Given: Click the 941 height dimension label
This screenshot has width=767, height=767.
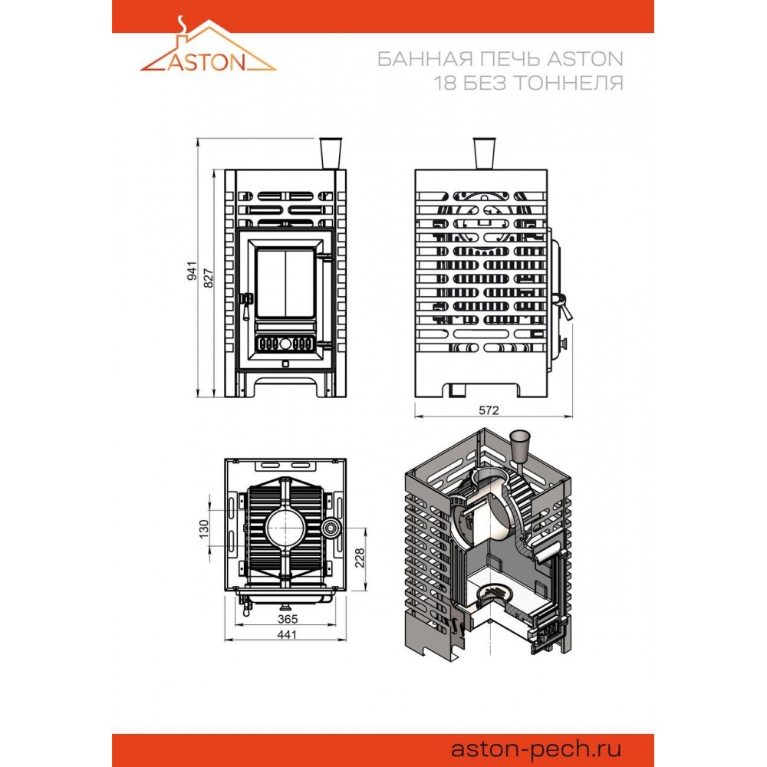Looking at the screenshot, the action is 193,271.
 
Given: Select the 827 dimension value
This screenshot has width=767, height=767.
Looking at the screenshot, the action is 209,278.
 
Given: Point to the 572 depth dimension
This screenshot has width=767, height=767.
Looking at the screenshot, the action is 489,410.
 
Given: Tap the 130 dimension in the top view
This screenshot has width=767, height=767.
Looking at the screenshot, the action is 204,528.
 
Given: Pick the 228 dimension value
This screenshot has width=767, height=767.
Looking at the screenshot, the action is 360,558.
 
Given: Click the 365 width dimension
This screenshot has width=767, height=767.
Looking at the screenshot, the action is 288,619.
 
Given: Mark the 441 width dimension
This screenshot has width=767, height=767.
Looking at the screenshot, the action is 287,634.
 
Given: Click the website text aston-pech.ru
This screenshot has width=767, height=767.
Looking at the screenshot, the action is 536,749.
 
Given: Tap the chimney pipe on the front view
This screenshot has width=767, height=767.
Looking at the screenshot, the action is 331,153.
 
